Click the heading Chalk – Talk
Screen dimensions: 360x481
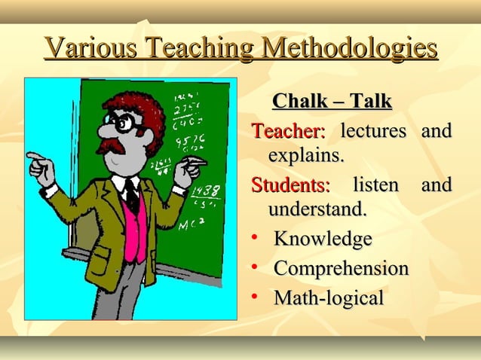tap(332, 101)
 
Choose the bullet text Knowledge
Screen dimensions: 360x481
tap(323, 239)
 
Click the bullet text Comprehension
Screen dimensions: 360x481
tap(341, 268)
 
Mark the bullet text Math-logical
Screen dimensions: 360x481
tap(329, 297)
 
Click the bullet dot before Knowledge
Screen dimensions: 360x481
tap(256, 239)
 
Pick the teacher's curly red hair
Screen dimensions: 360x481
tap(139, 105)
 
